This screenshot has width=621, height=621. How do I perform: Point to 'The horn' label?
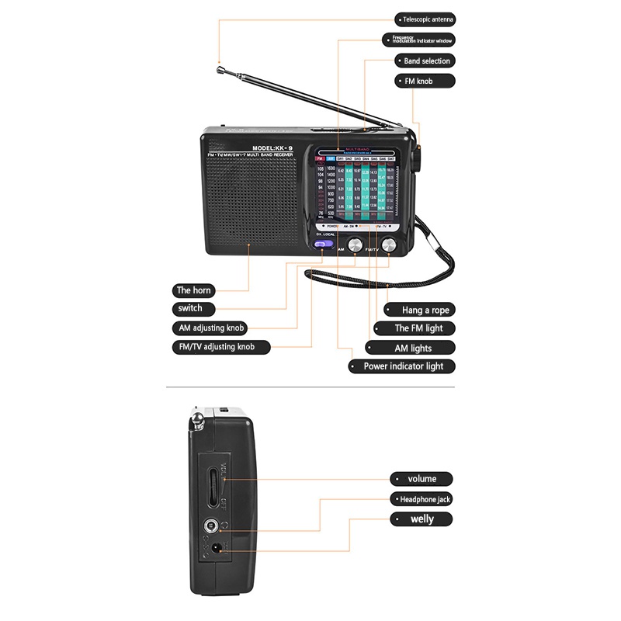pos(193,290)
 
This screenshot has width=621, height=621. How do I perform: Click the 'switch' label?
pos(190,308)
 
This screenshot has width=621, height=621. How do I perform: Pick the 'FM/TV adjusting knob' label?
pos(221,347)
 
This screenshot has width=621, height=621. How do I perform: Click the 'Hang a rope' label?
pos(425,310)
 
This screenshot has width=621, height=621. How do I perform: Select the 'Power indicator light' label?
pos(409,366)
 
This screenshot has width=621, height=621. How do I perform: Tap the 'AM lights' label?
pos(412,349)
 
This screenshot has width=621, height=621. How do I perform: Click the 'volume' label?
pos(422,479)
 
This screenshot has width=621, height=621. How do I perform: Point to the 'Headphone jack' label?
pos(422,499)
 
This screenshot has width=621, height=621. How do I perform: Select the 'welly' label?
pos(422,519)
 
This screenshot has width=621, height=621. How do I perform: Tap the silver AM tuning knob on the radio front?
pos(355,245)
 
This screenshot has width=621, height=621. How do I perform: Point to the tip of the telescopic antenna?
pos(220,64)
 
